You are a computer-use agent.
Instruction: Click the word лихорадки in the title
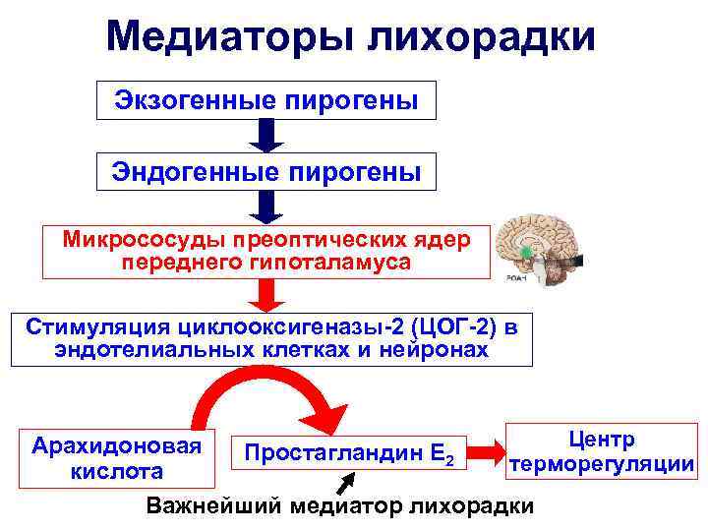click(482, 37)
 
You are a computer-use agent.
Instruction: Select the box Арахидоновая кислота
click(117, 458)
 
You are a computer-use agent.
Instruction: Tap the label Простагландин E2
click(349, 454)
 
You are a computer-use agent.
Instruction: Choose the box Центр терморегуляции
click(601, 452)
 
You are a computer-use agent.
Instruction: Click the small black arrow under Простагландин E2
click(347, 483)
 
